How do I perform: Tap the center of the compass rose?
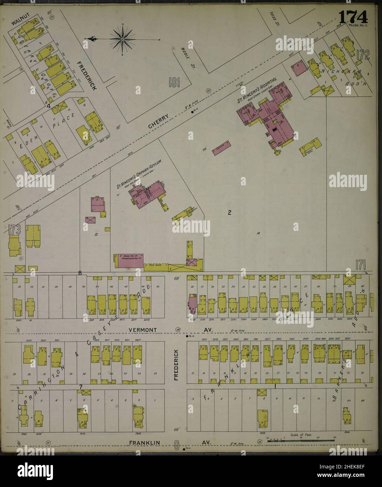[122, 40]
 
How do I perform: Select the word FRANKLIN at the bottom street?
[144, 443]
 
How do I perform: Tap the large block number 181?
[174, 83]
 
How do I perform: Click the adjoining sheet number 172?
[362, 55]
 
